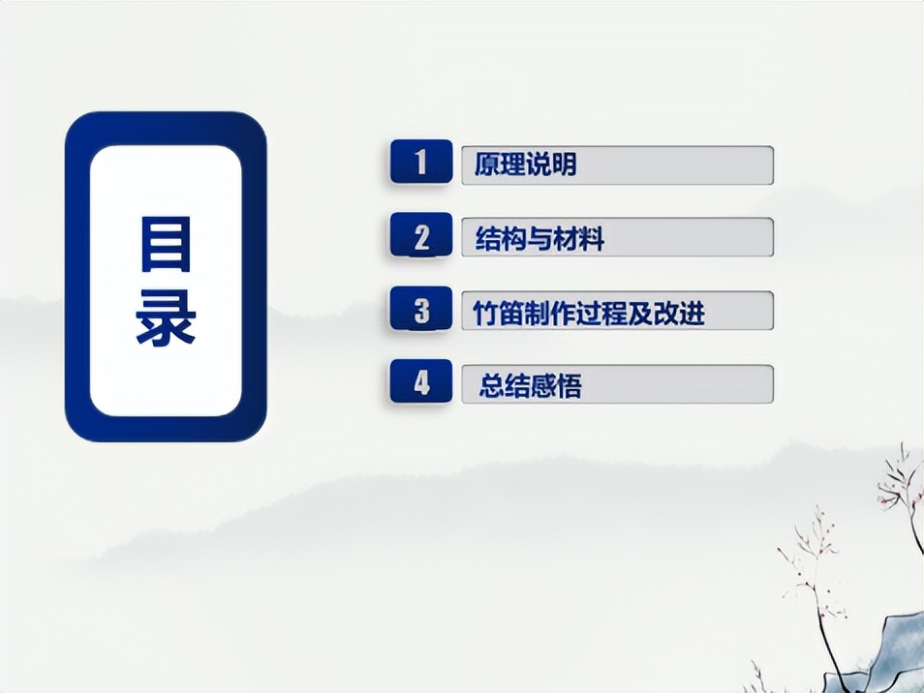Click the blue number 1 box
coord(420,163)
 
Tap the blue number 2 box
coord(420,236)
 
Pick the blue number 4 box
coord(420,383)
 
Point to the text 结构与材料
coord(539,238)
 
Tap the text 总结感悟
coord(530,386)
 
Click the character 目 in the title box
coord(166,244)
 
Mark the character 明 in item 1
coord(564,165)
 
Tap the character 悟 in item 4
coord(569,386)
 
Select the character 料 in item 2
coord(592,238)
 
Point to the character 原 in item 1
coord(486,165)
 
